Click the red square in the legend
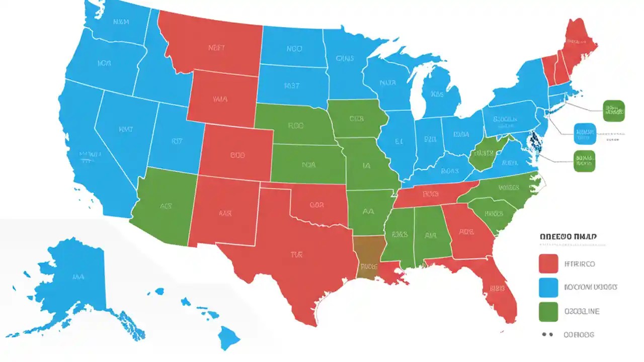[x=548, y=263]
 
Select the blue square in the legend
[x=548, y=287]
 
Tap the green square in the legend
[x=548, y=311]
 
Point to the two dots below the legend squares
[x=547, y=334]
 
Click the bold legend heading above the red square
[x=572, y=236]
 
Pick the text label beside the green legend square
[x=582, y=311]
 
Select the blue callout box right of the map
[x=584, y=133]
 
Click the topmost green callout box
[x=613, y=111]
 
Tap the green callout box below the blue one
[x=584, y=161]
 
